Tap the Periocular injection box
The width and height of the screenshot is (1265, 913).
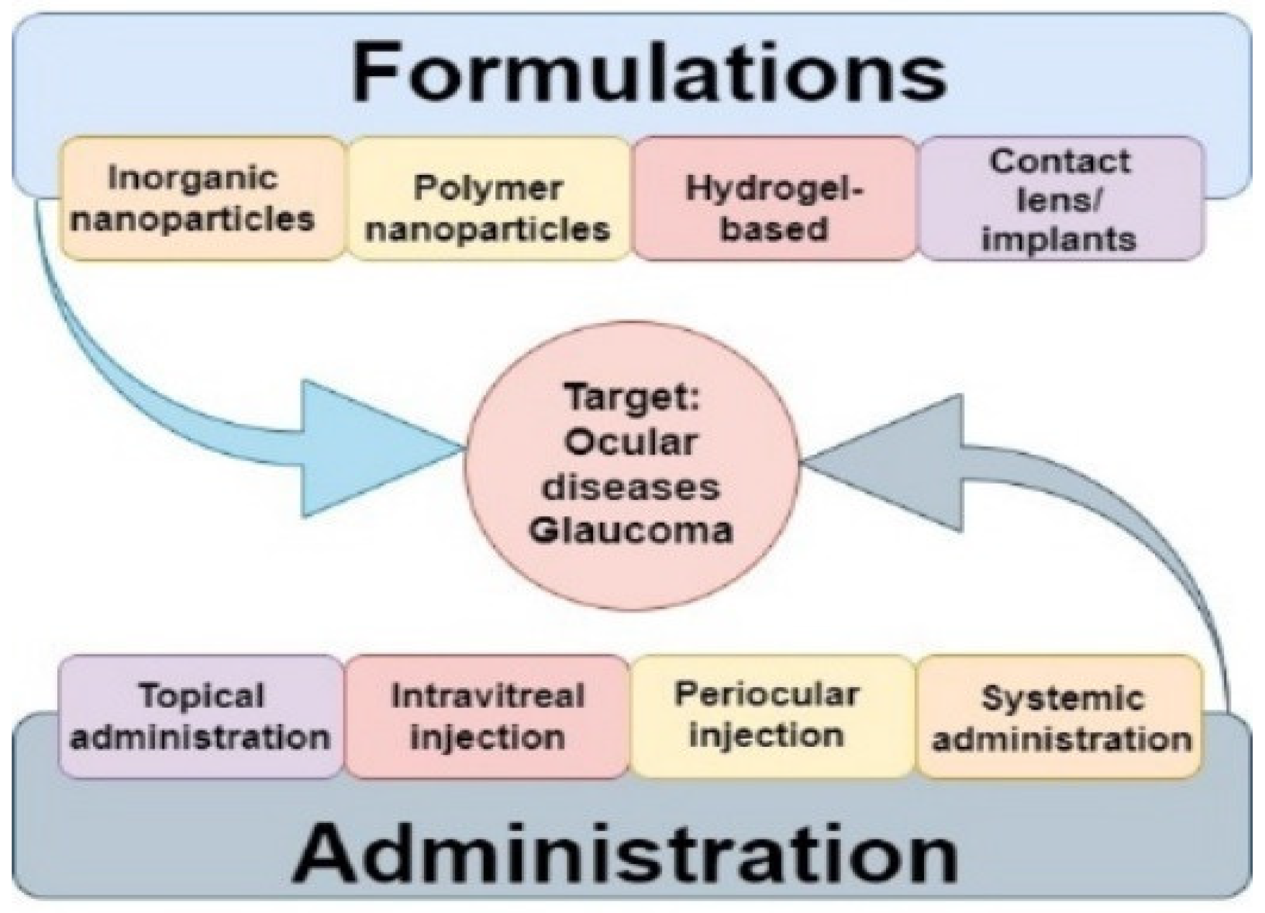772,716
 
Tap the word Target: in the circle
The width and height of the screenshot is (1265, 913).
632,398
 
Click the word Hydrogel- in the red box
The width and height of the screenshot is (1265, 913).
774,188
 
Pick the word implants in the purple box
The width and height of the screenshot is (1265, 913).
1059,239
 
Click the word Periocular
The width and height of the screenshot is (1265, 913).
767,695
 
